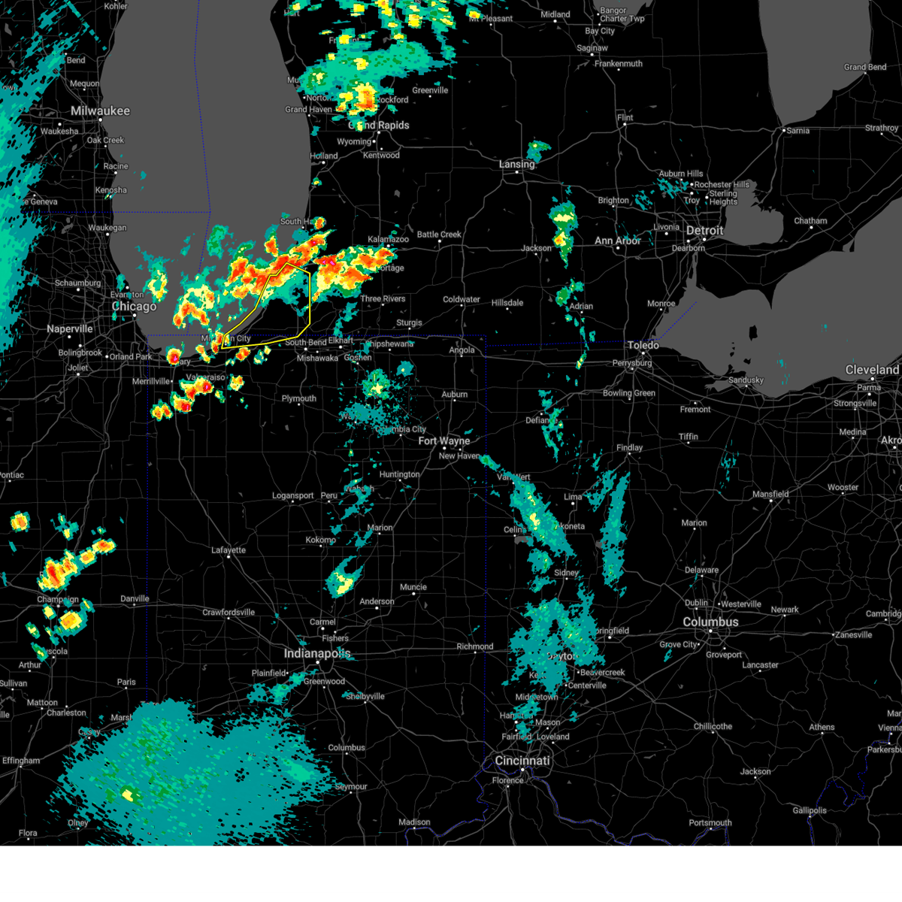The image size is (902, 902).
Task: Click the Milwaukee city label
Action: pos(100,111)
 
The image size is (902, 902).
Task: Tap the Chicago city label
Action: pos(134,307)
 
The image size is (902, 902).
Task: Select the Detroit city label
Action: pos(704,231)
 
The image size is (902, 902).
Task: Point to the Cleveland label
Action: pos(872,370)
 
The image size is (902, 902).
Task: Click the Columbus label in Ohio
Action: pos(710,622)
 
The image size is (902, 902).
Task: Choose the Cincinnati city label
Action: pos(522,761)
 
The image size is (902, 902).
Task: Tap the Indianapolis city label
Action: pos(316,654)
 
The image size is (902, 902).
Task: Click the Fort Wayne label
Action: pos(443,441)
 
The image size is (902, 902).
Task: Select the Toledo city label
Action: pos(643,345)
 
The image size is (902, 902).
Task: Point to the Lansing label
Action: pos(516,164)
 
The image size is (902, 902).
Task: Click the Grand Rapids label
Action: pos(380,126)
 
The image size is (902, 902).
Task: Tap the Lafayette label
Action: pos(229,550)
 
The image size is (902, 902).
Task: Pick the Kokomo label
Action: pos(321,540)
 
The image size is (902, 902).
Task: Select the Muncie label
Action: pos(413,587)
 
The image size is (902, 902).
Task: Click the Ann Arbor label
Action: pos(618,241)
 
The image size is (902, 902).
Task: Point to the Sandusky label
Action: pos(746,380)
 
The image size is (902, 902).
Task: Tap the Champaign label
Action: pos(58,600)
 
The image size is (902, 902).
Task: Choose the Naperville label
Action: pos(70,329)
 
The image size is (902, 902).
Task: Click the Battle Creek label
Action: pos(439,235)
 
